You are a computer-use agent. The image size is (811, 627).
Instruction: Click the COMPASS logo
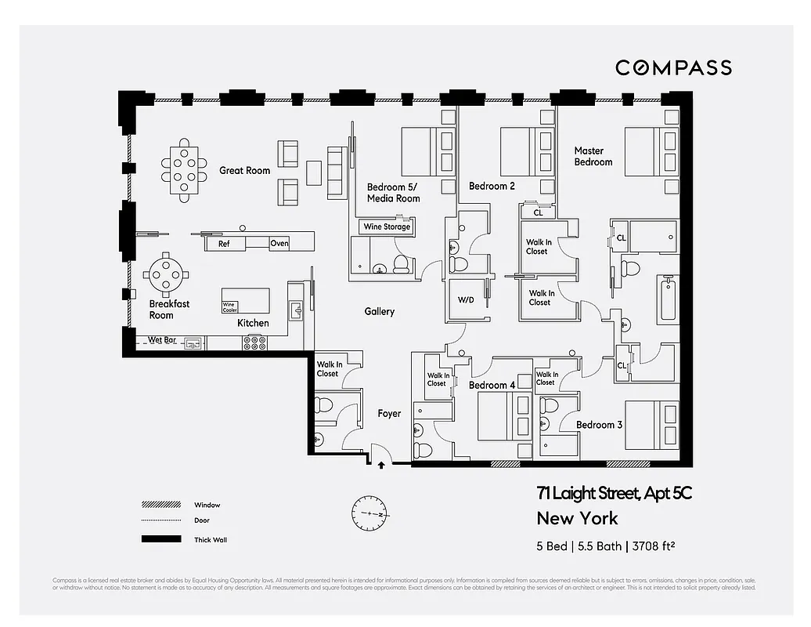click(673, 68)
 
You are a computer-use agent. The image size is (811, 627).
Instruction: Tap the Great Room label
click(244, 170)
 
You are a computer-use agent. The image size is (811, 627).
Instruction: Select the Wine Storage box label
click(386, 227)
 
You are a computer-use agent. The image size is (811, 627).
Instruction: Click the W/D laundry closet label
click(466, 300)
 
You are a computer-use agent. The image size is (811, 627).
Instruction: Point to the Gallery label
click(380, 311)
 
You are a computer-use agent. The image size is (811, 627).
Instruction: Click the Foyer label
click(389, 413)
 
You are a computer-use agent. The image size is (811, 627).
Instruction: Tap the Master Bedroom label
click(593, 156)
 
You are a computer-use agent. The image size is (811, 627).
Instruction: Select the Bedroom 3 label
click(599, 425)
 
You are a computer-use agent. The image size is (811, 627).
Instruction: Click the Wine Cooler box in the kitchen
click(229, 307)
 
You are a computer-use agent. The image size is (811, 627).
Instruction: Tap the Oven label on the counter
click(279, 243)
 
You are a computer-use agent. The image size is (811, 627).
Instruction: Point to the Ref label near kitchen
click(224, 244)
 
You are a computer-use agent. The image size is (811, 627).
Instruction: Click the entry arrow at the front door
click(381, 466)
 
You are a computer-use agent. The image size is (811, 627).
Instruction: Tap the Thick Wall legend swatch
click(160, 539)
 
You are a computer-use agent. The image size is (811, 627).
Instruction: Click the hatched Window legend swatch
click(160, 505)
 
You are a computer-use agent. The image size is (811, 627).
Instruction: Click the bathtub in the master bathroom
click(667, 299)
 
